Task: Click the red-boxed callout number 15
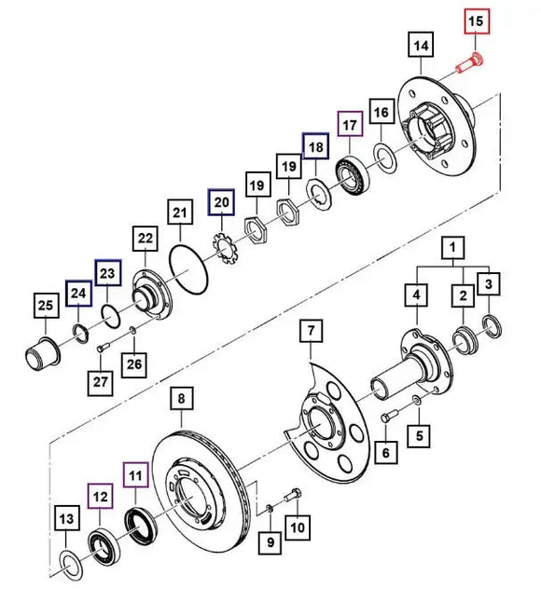(476, 20)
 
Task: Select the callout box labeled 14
(420, 45)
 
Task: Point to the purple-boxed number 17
(350, 124)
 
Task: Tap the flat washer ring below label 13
(70, 561)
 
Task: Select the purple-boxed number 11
(137, 476)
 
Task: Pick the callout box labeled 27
(101, 382)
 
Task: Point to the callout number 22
(145, 240)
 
